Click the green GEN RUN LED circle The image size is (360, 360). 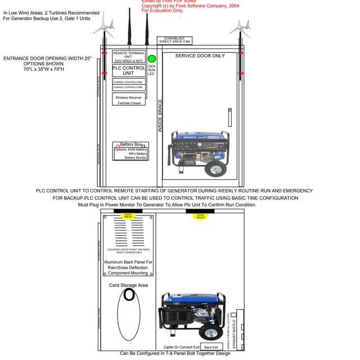[x=151, y=58]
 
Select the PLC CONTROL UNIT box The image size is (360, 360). [x=128, y=70]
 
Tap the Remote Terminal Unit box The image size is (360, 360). [x=128, y=56]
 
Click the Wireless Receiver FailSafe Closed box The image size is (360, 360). [x=128, y=99]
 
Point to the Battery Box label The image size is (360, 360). [x=130, y=145]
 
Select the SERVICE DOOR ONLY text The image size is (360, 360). [x=200, y=56]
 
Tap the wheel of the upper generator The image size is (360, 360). [x=214, y=168]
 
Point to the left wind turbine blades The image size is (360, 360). [x=103, y=25]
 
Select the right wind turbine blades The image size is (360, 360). [x=240, y=26]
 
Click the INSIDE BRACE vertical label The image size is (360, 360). [x=160, y=116]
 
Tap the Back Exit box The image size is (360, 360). [x=211, y=347]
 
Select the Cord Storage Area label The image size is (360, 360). [x=129, y=285]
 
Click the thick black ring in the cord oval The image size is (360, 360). [x=129, y=294]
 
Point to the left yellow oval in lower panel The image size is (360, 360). [x=128, y=216]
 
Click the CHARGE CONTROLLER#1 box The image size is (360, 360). [x=128, y=82]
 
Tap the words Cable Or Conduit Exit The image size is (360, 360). [x=181, y=347]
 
